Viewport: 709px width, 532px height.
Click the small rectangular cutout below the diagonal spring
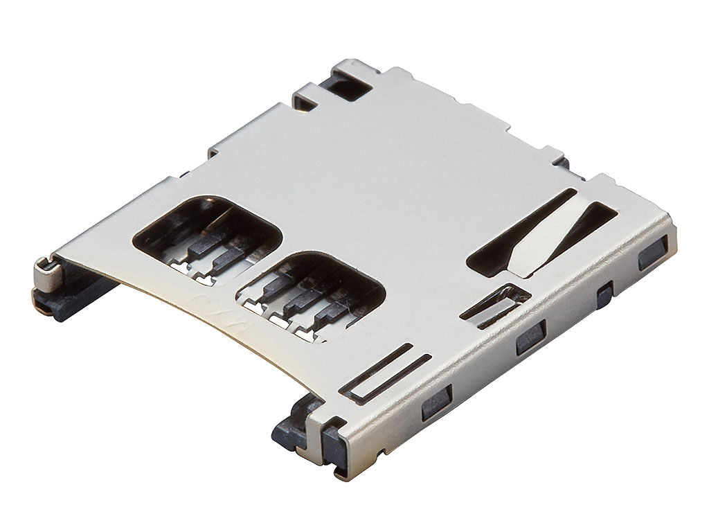[496, 305]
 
